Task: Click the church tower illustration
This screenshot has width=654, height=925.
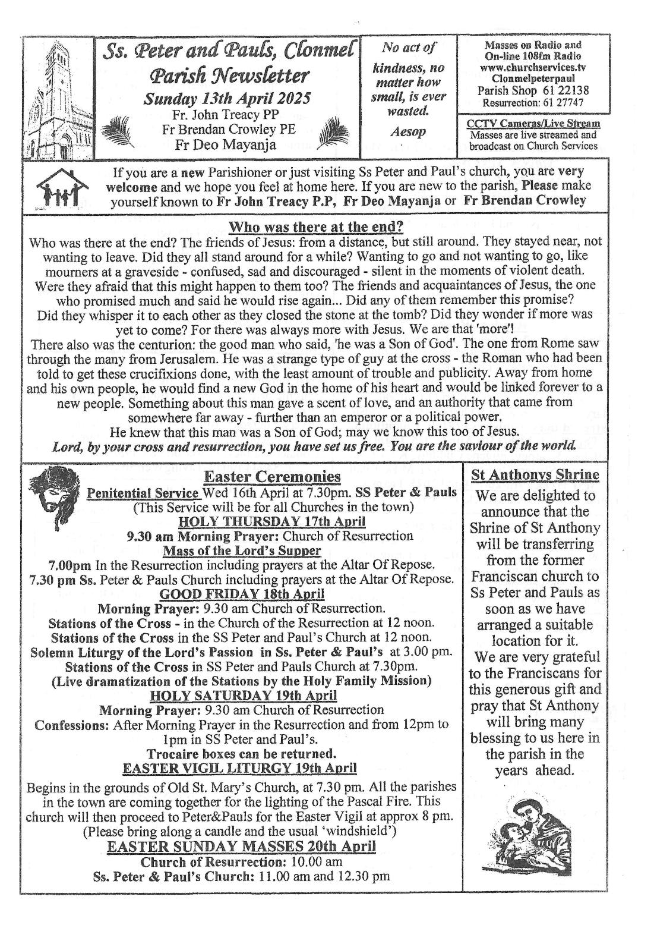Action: coord(59,98)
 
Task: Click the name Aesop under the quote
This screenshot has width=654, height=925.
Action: coord(409,132)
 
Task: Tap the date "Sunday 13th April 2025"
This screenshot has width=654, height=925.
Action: coord(229,98)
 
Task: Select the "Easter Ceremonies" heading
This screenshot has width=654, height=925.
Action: coord(272,476)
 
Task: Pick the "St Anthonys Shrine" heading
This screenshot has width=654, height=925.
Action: coord(535,475)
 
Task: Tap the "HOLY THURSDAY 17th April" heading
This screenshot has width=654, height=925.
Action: coord(272,521)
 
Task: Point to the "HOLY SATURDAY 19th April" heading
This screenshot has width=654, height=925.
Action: coord(244,695)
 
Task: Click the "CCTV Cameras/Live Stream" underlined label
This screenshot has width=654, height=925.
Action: coord(533,124)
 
